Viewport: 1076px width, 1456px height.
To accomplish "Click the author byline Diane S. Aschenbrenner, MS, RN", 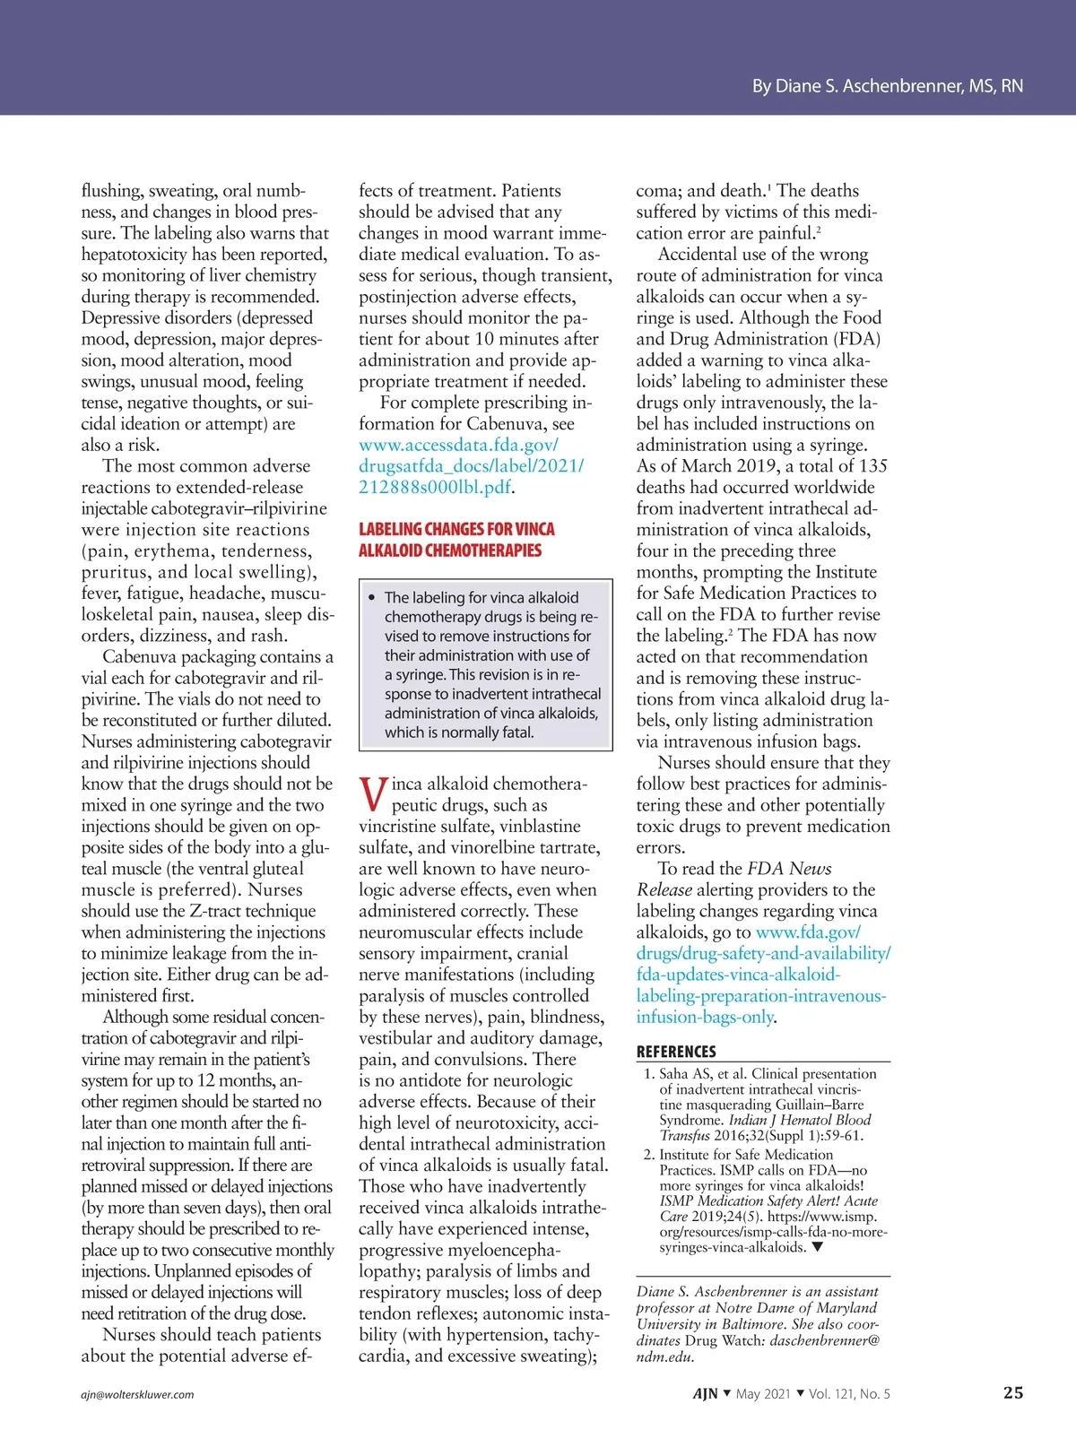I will (887, 86).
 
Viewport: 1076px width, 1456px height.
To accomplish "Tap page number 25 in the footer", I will (1012, 1392).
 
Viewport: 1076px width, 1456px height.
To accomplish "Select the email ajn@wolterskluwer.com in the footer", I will (137, 1394).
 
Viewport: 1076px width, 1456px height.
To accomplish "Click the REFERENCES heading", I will (676, 1052).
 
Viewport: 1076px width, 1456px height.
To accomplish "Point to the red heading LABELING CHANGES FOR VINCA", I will (456, 529).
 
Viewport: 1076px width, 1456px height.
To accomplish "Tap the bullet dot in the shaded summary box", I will (372, 597).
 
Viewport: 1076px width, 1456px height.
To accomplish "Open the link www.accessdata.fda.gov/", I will (458, 445).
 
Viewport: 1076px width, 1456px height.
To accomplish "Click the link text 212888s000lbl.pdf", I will (435, 487).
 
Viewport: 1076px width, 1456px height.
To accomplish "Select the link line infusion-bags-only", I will (705, 1017).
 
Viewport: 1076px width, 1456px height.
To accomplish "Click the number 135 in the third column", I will (872, 466).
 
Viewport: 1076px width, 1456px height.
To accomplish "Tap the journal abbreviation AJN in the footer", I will (705, 1393).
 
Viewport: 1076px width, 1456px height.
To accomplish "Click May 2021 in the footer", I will (763, 1393).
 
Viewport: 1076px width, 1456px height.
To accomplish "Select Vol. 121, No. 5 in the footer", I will (849, 1393).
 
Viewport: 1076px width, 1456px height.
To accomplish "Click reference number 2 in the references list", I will (648, 1155).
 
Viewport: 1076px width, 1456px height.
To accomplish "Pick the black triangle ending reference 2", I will (817, 1247).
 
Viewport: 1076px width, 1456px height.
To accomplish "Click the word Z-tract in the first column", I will (220, 911).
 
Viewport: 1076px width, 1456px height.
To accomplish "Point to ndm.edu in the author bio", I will (664, 1356).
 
